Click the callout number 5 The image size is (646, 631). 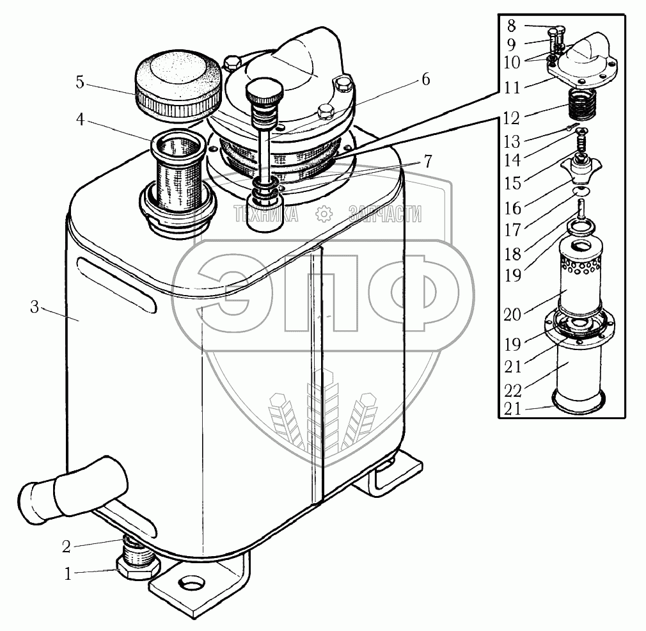point(80,83)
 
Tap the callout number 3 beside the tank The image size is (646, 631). point(35,308)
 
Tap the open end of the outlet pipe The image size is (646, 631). point(33,501)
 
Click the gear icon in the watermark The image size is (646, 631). point(324,213)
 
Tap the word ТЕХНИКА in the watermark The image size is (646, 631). point(266,214)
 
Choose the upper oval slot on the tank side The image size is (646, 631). point(116,284)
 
